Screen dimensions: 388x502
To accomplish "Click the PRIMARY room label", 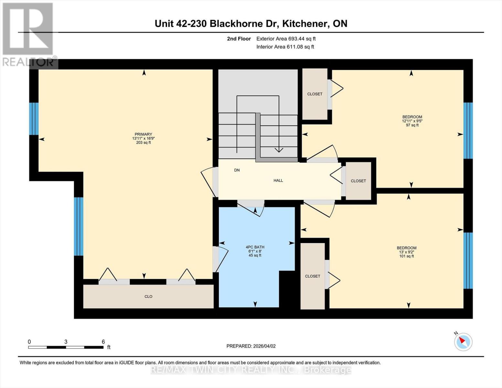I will (143, 134).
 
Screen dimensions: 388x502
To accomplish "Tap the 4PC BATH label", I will (255, 247).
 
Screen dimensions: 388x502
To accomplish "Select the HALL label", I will (278, 180).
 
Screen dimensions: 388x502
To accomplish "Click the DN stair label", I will (237, 170).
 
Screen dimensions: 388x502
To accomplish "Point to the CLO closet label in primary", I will (148, 296).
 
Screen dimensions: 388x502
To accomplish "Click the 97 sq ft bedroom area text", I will (412, 125).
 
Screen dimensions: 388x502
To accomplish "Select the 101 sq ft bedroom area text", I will (407, 256).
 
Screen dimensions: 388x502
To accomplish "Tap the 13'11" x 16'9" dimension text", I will (143, 138).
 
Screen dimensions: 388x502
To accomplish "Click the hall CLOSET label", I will (358, 181).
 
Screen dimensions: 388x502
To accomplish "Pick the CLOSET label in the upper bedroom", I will (315, 94).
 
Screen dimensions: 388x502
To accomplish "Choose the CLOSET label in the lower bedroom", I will (313, 276).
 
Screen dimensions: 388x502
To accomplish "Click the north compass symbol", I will (463, 341).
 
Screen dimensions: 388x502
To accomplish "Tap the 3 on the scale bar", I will (66, 342).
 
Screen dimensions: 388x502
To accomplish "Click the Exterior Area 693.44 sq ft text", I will (286, 39).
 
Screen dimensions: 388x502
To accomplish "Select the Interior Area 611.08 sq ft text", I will (285, 47).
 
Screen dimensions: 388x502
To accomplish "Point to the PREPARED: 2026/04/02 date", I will (251, 346).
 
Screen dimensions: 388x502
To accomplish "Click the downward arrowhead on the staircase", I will (279, 150).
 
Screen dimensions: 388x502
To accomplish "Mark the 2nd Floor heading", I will (239, 39).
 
